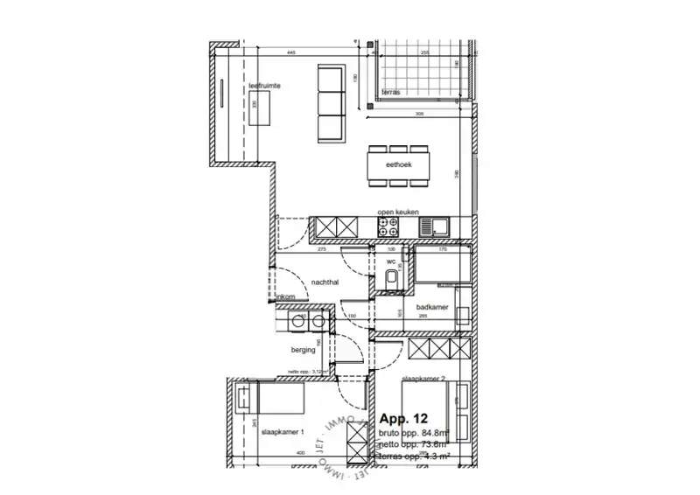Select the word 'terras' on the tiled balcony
(390, 91)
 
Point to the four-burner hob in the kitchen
(388, 227)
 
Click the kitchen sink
(433, 227)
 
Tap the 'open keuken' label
(397, 213)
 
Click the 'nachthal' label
(325, 282)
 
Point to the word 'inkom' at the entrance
(285, 299)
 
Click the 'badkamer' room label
(432, 307)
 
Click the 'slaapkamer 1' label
(285, 432)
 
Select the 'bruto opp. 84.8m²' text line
(413, 432)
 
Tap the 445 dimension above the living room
(290, 53)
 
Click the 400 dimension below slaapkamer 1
(300, 452)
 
